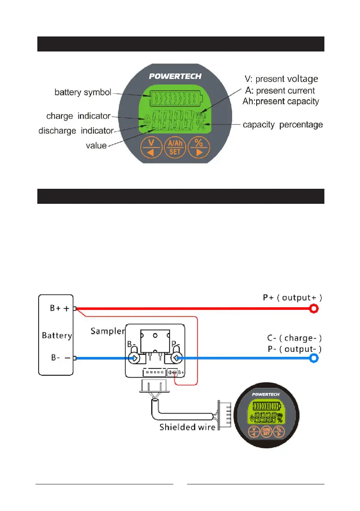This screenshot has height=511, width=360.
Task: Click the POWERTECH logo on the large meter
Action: tap(175, 76)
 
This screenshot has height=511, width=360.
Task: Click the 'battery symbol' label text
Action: tap(83, 92)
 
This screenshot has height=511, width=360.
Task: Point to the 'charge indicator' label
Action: tap(78, 116)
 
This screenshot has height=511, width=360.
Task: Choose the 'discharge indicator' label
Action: tap(76, 130)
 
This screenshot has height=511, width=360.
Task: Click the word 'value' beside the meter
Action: tap(96, 146)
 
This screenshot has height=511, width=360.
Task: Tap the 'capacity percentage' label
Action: tap(283, 125)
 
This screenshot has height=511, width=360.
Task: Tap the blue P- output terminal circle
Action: tap(315, 358)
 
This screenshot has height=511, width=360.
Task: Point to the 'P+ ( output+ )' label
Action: tap(292, 298)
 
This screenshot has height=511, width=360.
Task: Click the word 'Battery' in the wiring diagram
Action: tap(57, 335)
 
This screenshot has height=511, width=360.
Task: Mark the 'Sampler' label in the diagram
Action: tap(107, 331)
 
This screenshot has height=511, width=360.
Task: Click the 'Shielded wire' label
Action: tap(188, 427)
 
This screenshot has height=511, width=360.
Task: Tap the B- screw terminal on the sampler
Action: tap(134, 358)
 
